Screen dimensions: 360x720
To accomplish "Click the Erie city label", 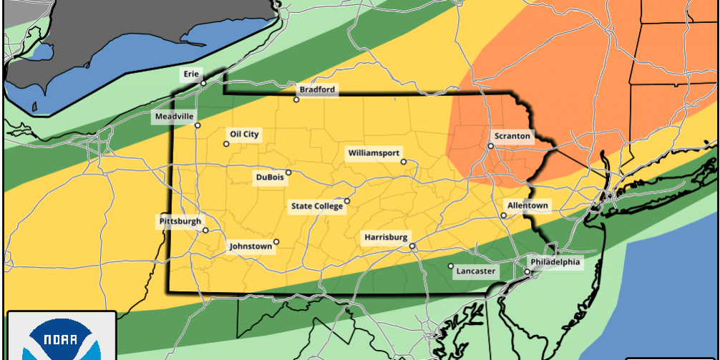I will tap(191, 73).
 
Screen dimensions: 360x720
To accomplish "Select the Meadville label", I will tap(174, 117).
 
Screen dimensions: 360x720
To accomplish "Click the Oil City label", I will tap(243, 134).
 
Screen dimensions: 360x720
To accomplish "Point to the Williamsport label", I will tap(374, 152).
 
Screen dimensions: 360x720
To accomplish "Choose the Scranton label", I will tap(512, 136).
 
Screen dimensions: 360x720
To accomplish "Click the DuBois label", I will tap(269, 177).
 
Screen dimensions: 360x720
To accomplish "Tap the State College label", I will tap(317, 206).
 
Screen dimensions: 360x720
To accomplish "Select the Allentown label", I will tap(528, 205).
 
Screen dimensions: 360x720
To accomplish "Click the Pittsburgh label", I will tap(180, 222).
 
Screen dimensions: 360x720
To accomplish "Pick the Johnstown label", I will tap(250, 246).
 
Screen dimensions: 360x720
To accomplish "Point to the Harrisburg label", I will tap(386, 237).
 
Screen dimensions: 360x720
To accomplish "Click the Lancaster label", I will tap(476, 271).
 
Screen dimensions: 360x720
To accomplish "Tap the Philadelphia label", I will tap(556, 263).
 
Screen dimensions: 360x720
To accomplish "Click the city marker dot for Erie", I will tap(203, 83).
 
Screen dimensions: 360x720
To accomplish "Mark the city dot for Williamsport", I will tap(404, 162).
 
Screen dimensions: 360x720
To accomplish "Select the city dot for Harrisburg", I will tap(412, 246).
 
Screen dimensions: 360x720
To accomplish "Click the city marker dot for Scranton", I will tap(490, 146).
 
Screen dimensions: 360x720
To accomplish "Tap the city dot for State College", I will tap(347, 201).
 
